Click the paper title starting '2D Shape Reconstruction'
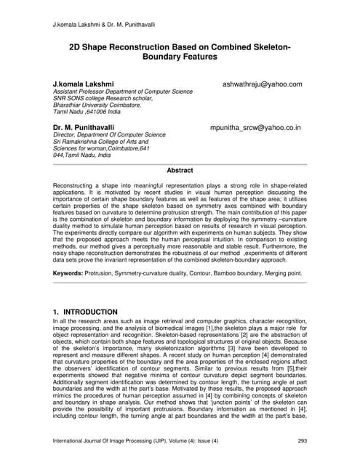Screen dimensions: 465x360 pyautogui.click(x=180, y=51)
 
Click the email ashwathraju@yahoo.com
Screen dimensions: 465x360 pyautogui.click(x=263, y=84)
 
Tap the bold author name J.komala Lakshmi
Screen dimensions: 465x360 pyautogui.click(x=84, y=84)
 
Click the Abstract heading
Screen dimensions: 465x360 pyautogui.click(x=180, y=170)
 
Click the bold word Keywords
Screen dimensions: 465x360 pyautogui.click(x=72, y=273)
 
